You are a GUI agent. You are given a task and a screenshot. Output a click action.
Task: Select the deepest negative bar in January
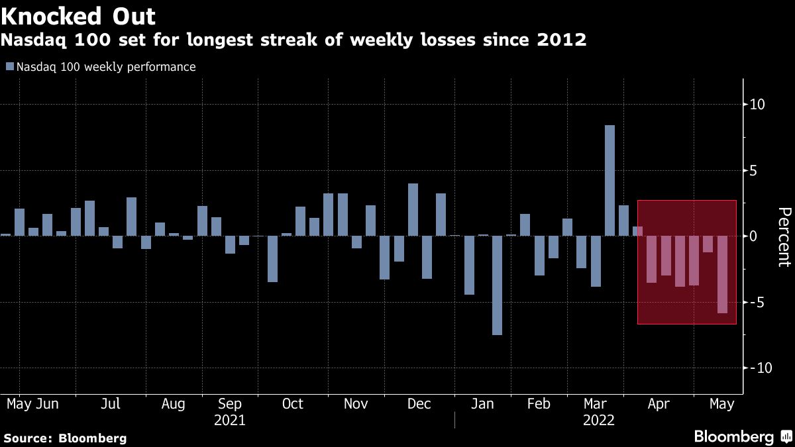pyautogui.click(x=497, y=285)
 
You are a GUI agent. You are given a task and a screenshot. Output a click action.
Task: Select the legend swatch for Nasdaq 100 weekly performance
pyautogui.click(x=10, y=67)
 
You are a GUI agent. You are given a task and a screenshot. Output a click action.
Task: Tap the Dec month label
pyautogui.click(x=419, y=404)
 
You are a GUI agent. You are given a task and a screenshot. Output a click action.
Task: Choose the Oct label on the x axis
pyautogui.click(x=292, y=404)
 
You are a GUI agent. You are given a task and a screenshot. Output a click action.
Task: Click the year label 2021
pyautogui.click(x=229, y=421)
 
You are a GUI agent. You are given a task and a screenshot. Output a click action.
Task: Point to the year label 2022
pyautogui.click(x=598, y=421)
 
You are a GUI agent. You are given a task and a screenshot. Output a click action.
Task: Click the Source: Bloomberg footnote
pyautogui.click(x=65, y=438)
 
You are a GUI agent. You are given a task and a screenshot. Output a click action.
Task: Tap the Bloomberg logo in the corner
pyautogui.click(x=742, y=436)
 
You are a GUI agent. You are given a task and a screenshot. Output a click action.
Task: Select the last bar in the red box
pyautogui.click(x=722, y=274)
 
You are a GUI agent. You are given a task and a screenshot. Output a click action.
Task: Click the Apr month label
pyautogui.click(x=659, y=404)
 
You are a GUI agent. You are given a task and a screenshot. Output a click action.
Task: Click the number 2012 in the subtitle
pyautogui.click(x=561, y=40)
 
